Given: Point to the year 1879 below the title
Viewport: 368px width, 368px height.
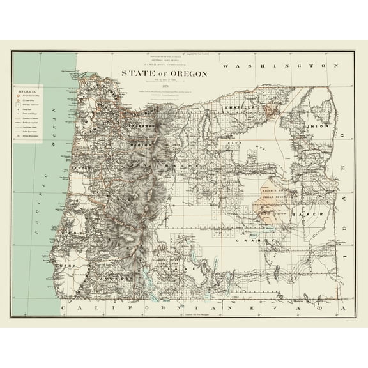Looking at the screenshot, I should click(165, 88).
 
